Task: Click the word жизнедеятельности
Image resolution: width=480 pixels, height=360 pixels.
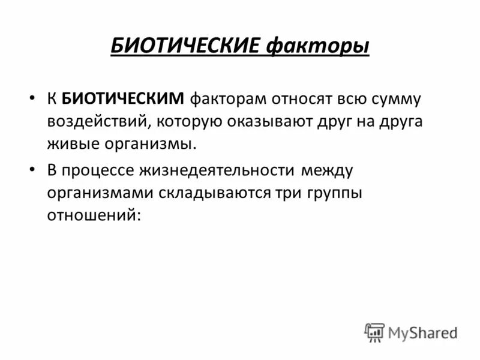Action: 217,170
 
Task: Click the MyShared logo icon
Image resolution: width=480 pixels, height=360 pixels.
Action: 374,332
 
